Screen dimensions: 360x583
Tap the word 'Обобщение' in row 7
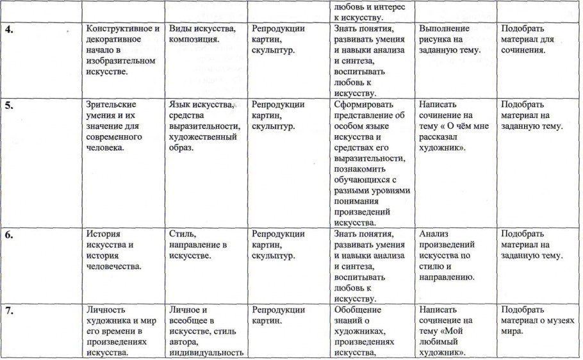pyautogui.click(x=359, y=311)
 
